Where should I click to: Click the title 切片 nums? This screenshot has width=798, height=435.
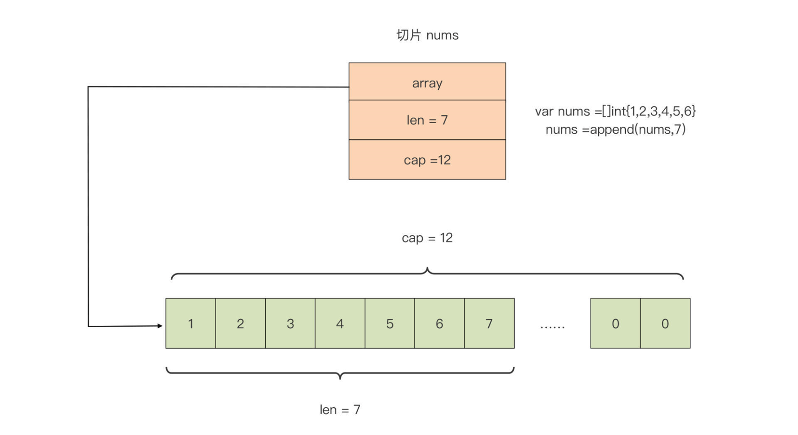coord(427,35)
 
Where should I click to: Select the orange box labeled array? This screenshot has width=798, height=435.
coord(427,81)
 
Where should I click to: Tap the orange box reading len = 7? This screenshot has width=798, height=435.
coord(427,120)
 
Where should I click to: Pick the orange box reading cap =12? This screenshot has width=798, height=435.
coord(427,160)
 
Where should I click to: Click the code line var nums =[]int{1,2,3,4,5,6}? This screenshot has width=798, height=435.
coord(615,111)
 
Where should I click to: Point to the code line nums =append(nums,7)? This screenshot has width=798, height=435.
coord(615,129)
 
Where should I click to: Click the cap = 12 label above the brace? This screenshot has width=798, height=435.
coord(427,238)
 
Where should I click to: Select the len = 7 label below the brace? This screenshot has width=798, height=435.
coord(340,410)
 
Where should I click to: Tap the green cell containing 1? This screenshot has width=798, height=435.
coord(191,323)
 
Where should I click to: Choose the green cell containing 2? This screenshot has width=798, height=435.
coord(241,323)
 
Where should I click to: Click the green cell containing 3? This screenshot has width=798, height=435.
coord(290,323)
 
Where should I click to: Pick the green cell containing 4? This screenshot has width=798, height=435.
coord(340,323)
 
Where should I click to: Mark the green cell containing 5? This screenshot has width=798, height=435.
coord(390,323)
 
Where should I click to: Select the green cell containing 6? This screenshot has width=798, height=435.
coord(440,323)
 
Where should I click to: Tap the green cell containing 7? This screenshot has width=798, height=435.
coord(489,323)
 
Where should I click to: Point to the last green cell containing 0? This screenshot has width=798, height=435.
coord(665,323)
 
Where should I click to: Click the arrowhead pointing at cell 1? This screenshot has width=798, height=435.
coord(160,326)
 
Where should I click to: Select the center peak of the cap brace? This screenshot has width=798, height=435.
coord(428,267)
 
